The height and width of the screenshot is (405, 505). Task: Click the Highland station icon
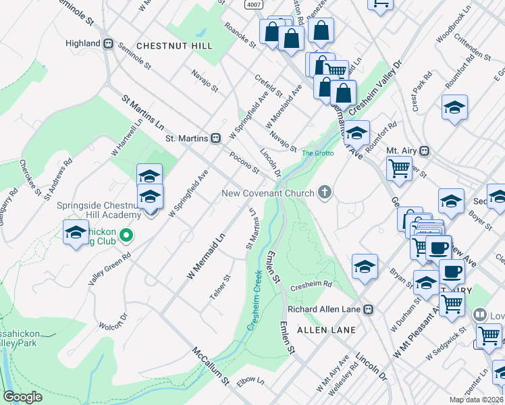coord(108,43)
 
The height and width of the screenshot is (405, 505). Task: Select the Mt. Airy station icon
coord(425,151)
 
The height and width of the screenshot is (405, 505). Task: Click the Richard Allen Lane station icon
coord(369,310)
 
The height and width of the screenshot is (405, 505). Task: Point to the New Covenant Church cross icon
coord(325,193)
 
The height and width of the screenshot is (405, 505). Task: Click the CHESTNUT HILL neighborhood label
coord(174,46)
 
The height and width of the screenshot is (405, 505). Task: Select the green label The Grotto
coord(317,153)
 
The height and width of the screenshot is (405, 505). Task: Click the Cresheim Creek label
coord(253,300)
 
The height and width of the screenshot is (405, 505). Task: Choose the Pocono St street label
coord(244,162)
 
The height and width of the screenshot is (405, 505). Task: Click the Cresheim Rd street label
coord(311,286)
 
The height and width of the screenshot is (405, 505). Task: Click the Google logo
coord(22,397)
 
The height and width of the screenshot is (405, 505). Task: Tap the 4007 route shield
coord(253,5)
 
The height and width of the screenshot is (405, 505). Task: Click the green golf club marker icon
coord(126,236)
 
